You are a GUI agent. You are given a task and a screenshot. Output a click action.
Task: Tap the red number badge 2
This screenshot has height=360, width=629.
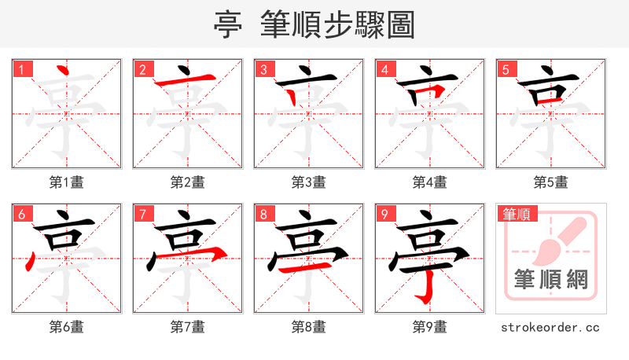point(142,69)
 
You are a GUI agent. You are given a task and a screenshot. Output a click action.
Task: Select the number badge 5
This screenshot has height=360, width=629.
point(505,69)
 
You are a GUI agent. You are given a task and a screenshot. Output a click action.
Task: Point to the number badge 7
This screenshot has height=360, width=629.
point(142,214)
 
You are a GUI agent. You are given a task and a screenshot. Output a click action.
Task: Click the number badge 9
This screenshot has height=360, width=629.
point(384,214)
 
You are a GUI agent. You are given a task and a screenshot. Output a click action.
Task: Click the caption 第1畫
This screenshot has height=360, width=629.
point(67,182)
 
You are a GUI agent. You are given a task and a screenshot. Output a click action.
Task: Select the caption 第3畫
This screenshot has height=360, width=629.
point(309,182)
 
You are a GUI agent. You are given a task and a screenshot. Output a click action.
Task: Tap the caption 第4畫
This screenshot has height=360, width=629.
point(430,182)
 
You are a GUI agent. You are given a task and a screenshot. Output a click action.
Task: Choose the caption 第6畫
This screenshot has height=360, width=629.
point(67,327)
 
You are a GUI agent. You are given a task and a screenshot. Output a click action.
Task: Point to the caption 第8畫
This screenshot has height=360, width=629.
point(309,327)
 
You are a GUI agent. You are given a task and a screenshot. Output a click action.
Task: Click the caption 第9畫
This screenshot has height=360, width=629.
point(430,327)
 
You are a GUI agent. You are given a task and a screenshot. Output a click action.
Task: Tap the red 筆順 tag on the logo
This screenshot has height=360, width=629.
point(516,214)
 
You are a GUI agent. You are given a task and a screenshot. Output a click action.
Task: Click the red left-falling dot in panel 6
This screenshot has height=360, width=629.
point(31,259)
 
